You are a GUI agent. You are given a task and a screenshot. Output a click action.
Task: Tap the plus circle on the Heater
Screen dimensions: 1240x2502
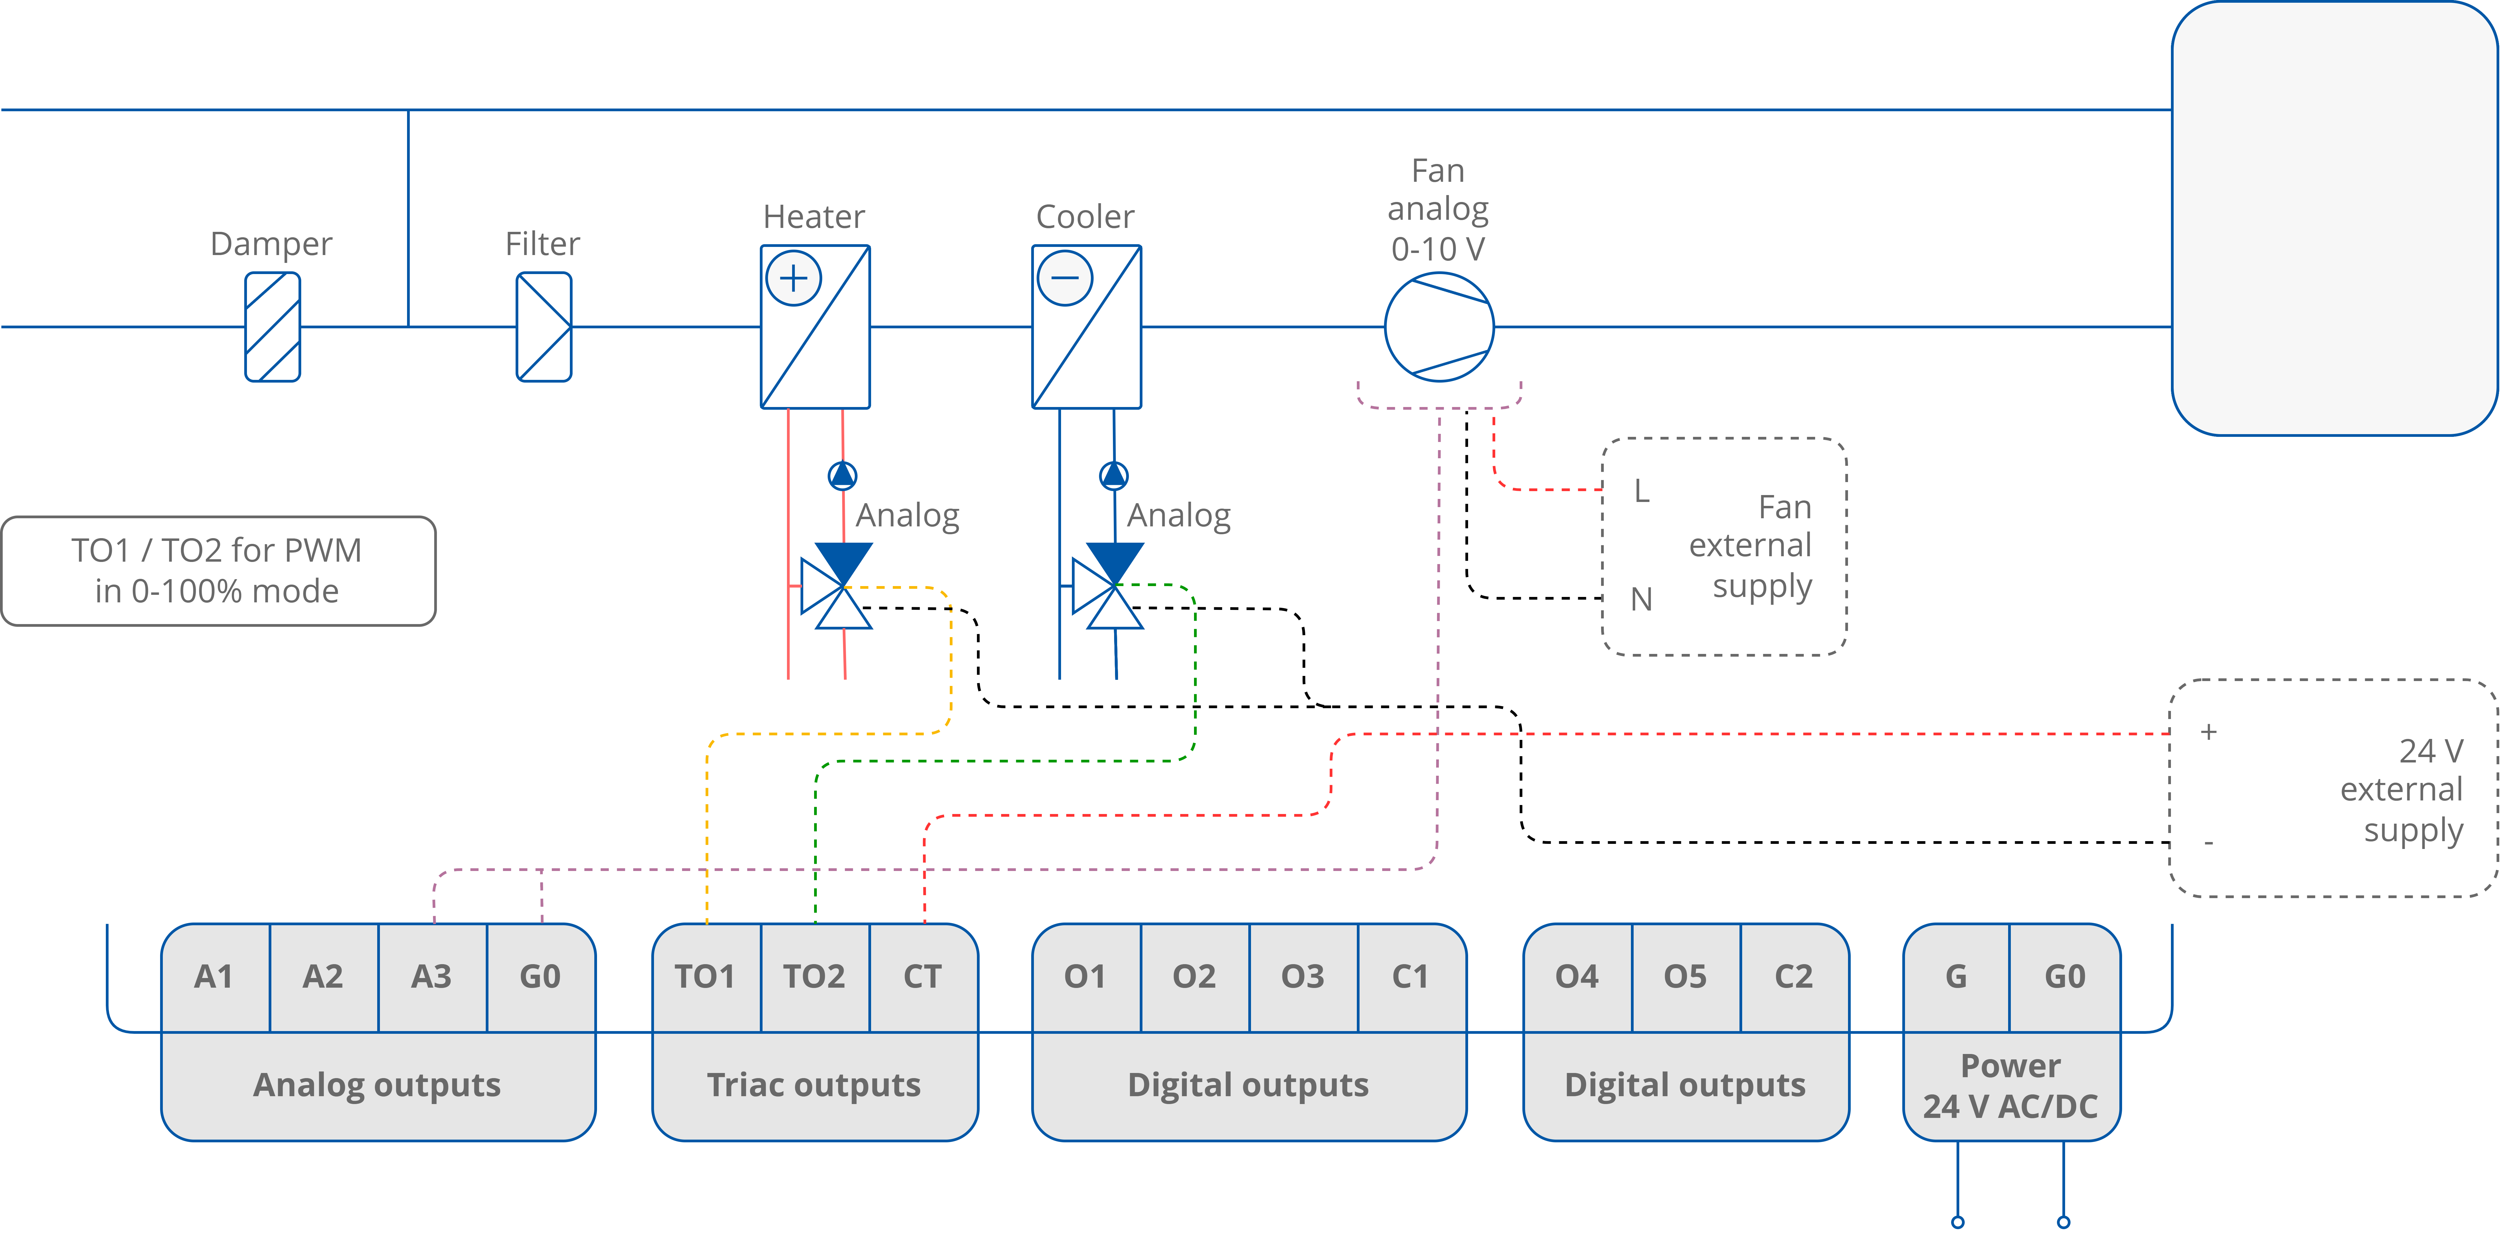(794, 279)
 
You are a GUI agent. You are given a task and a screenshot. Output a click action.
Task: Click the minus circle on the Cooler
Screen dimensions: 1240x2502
(1065, 279)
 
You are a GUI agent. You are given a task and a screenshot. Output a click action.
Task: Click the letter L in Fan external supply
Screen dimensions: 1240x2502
(1641, 491)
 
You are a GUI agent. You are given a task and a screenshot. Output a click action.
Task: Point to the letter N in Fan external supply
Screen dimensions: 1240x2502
(1641, 599)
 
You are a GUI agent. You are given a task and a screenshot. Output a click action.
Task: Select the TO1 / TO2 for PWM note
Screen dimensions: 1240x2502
(218, 571)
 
